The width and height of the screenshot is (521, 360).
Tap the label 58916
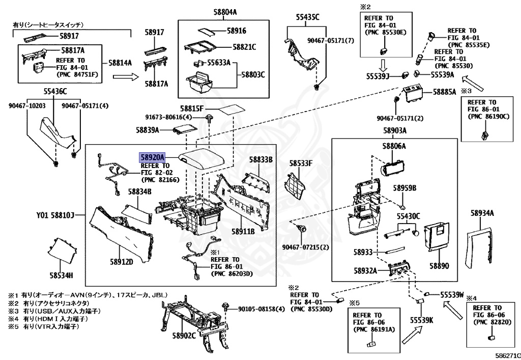click(236, 31)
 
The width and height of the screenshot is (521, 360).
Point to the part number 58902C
click(184, 336)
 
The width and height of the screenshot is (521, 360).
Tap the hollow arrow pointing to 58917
click(125, 77)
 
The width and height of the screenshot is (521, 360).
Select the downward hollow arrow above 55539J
click(383, 65)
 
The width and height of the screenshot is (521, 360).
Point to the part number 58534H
click(61, 275)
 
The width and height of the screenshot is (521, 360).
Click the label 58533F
click(301, 163)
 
